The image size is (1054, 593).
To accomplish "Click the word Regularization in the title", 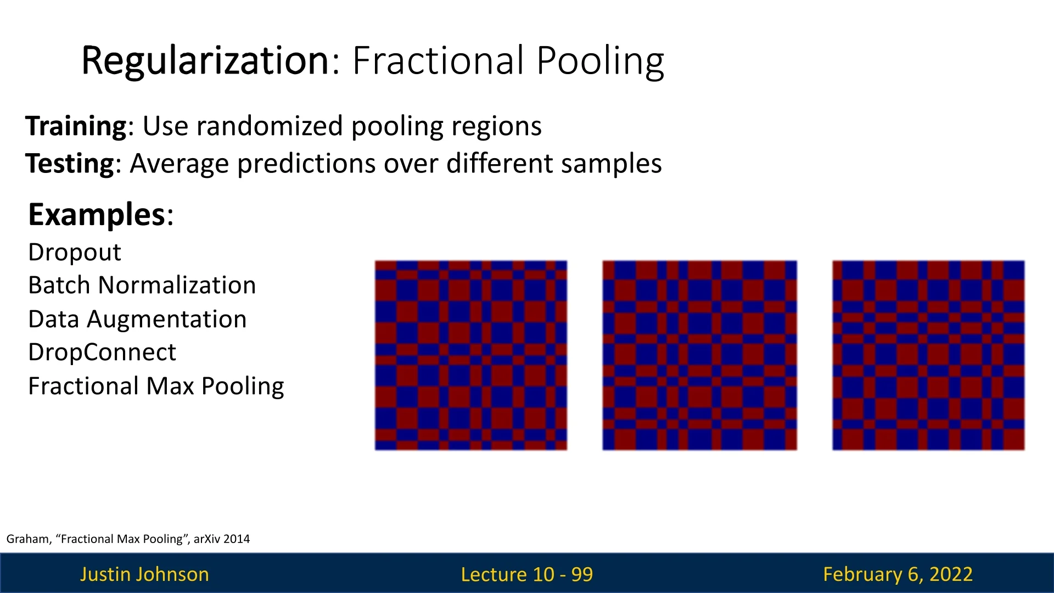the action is [205, 61].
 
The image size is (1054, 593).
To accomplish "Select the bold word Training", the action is [76, 127].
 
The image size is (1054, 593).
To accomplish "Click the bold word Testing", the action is [70, 164].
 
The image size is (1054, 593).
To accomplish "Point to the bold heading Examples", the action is [97, 215].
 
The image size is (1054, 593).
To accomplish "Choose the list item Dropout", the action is [75, 253].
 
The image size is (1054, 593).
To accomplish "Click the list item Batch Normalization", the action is [142, 285].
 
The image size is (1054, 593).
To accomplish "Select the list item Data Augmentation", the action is [137, 320].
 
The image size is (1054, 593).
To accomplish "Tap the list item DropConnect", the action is [102, 353].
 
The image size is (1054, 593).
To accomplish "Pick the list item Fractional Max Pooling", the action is [156, 387].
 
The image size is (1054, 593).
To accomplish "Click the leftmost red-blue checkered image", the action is [471, 355].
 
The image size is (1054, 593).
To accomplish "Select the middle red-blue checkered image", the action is [699, 355].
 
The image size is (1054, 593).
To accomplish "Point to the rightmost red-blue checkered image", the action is [928, 355].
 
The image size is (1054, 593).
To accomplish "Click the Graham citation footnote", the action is [128, 539].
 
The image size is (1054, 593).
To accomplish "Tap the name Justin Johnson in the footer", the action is [144, 574].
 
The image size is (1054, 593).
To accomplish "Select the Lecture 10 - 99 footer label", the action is [527, 574].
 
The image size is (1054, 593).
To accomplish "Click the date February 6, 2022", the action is [898, 574].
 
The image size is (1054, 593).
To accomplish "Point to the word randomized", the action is [270, 126].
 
